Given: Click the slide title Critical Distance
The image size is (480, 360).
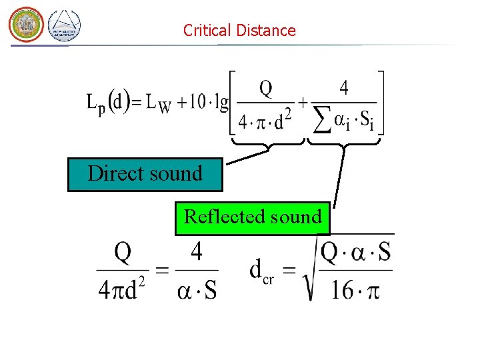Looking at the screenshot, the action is pos(239,30).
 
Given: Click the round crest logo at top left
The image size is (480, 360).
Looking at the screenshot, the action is pos(25,25).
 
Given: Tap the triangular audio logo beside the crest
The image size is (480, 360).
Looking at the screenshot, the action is pos(65,26).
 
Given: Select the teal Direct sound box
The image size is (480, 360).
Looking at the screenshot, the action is pos(145,174).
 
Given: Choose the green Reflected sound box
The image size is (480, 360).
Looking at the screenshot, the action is pos(252,218).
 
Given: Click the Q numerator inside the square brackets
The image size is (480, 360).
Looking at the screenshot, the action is pos(265,88).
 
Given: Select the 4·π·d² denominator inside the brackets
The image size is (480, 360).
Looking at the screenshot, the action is pos(265,121).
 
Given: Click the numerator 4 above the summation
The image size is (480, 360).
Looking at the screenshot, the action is pos(343,87).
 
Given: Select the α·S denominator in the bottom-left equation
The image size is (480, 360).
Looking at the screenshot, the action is pos(197,290).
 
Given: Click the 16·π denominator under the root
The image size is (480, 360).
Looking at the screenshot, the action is pos(355,290).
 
